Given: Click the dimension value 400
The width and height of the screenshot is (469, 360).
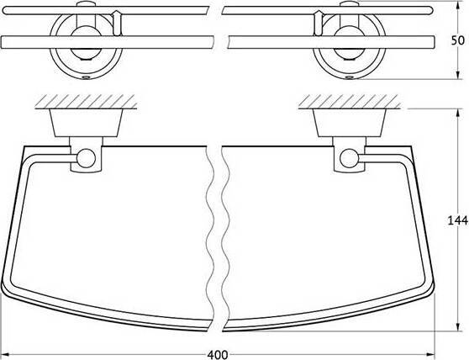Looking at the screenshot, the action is click(x=218, y=355).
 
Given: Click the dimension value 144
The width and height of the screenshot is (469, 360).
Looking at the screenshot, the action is click(x=457, y=220).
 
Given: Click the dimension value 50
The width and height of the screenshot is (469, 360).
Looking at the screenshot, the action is click(x=457, y=40).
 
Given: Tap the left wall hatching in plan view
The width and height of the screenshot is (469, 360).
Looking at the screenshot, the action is click(x=86, y=102).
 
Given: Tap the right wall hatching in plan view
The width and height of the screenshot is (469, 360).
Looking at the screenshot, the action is click(x=350, y=102).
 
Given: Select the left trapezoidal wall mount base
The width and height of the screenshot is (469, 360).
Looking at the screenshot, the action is click(x=86, y=123).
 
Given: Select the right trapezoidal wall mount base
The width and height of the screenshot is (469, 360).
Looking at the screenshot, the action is click(x=350, y=123).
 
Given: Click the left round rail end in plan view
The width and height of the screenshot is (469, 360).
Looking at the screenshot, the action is click(x=86, y=158).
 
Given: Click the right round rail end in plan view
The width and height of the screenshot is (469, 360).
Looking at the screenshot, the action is click(x=350, y=158).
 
